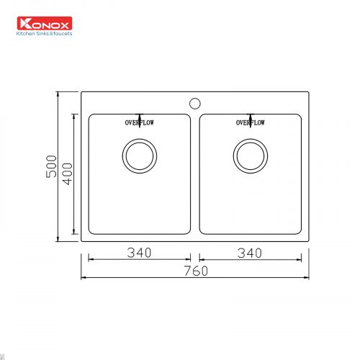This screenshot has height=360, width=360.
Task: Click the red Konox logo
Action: (x=45, y=23)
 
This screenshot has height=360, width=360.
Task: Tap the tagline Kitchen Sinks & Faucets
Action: (x=44, y=34)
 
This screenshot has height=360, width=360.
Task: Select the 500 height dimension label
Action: (x=51, y=166)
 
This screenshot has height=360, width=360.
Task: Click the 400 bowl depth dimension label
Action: (x=67, y=174)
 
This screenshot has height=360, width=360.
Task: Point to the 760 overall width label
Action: (x=196, y=271)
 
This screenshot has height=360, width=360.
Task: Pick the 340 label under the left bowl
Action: (x=139, y=253)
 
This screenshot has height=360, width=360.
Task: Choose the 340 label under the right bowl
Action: (x=250, y=253)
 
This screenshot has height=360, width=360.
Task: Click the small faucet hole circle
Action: (x=195, y=104)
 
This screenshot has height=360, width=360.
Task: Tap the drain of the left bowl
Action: (x=140, y=156)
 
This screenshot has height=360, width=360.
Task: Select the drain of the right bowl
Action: (x=251, y=156)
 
